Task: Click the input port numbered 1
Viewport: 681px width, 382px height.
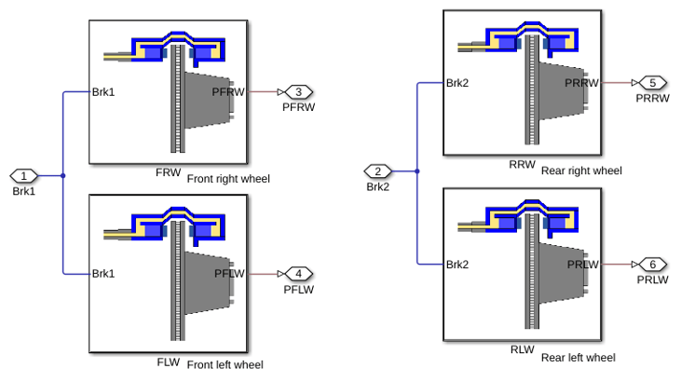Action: pos(24,176)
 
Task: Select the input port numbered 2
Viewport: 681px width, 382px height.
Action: pos(378,171)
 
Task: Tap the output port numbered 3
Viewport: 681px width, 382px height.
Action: pos(299,92)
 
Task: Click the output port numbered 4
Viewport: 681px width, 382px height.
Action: pos(299,274)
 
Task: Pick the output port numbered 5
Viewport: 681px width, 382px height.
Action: pos(653,83)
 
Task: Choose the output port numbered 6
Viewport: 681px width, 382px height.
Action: pos(653,265)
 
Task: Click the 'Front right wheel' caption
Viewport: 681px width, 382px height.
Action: pos(228,179)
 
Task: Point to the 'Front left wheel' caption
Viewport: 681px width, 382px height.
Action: pos(225,364)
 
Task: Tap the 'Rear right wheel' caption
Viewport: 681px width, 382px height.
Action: pos(581,171)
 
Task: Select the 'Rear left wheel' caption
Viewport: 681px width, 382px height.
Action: pos(579,358)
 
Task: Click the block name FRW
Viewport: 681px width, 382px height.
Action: pos(168,172)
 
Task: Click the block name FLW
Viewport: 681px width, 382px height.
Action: pos(168,362)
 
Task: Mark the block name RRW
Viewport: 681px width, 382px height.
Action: pos(522,165)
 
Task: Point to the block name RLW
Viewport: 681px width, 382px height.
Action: pos(522,349)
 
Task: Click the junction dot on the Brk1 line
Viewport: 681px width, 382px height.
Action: pos(63,176)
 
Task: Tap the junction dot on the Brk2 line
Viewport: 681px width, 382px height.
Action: pos(417,171)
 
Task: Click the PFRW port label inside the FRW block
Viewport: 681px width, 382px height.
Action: pos(228,92)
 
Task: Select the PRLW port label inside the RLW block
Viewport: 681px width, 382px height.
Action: pos(583,265)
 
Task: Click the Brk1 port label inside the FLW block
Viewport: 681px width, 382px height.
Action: pos(103,274)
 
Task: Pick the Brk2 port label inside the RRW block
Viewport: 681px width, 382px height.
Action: pos(457,83)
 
